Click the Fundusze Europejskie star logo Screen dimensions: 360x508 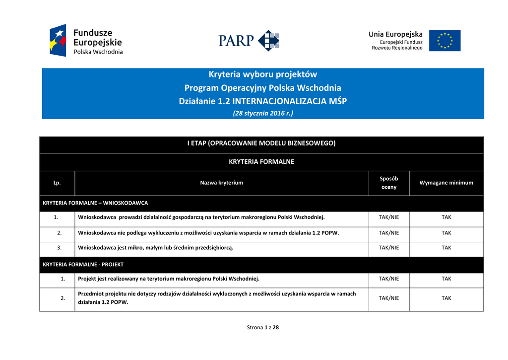coord(58,40)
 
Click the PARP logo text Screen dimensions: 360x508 coord(236,40)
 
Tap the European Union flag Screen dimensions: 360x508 coord(444,41)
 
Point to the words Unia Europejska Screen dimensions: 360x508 coord(395,34)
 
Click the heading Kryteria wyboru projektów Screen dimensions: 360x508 coord(262,74)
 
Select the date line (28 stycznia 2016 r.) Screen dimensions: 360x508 coord(262,113)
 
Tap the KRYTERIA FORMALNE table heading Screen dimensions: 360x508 coord(261,161)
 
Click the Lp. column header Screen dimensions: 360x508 coord(57,183)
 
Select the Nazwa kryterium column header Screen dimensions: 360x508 coord(221,183)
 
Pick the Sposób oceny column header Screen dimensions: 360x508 coord(388,183)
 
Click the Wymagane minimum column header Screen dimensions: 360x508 coord(446,183)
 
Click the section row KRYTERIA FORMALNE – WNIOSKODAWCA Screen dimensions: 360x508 coord(95,203)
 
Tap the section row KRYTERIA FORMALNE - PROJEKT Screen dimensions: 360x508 coord(83,265)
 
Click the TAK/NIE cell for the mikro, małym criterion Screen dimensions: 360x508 coord(388,248)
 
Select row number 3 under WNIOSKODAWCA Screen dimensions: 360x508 coord(60,248)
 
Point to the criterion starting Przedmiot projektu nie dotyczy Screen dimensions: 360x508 coord(217,297)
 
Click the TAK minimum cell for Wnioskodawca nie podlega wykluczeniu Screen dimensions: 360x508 coord(446,232)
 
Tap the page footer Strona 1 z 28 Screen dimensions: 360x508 coord(262,327)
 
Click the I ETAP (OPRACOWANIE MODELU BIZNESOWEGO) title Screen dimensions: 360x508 coord(261,143)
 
